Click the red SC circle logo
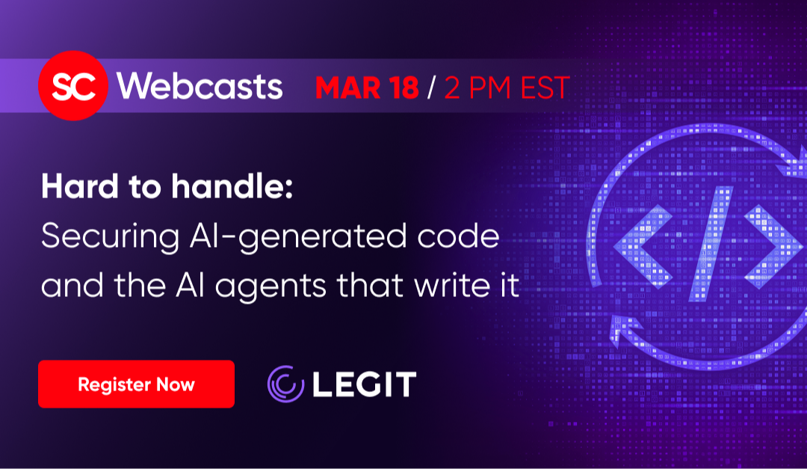(x=73, y=85)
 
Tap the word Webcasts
(x=200, y=85)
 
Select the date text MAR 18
(x=367, y=88)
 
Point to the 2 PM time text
(x=477, y=88)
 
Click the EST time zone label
(x=545, y=88)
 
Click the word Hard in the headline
(x=80, y=186)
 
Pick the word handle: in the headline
(x=232, y=186)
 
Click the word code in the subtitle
(x=459, y=236)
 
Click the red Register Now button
(x=137, y=384)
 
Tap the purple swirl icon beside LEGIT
(x=285, y=384)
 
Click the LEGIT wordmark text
(x=365, y=384)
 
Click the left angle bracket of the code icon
(x=643, y=246)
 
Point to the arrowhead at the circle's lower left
(x=624, y=330)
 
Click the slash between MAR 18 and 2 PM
(x=431, y=88)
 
